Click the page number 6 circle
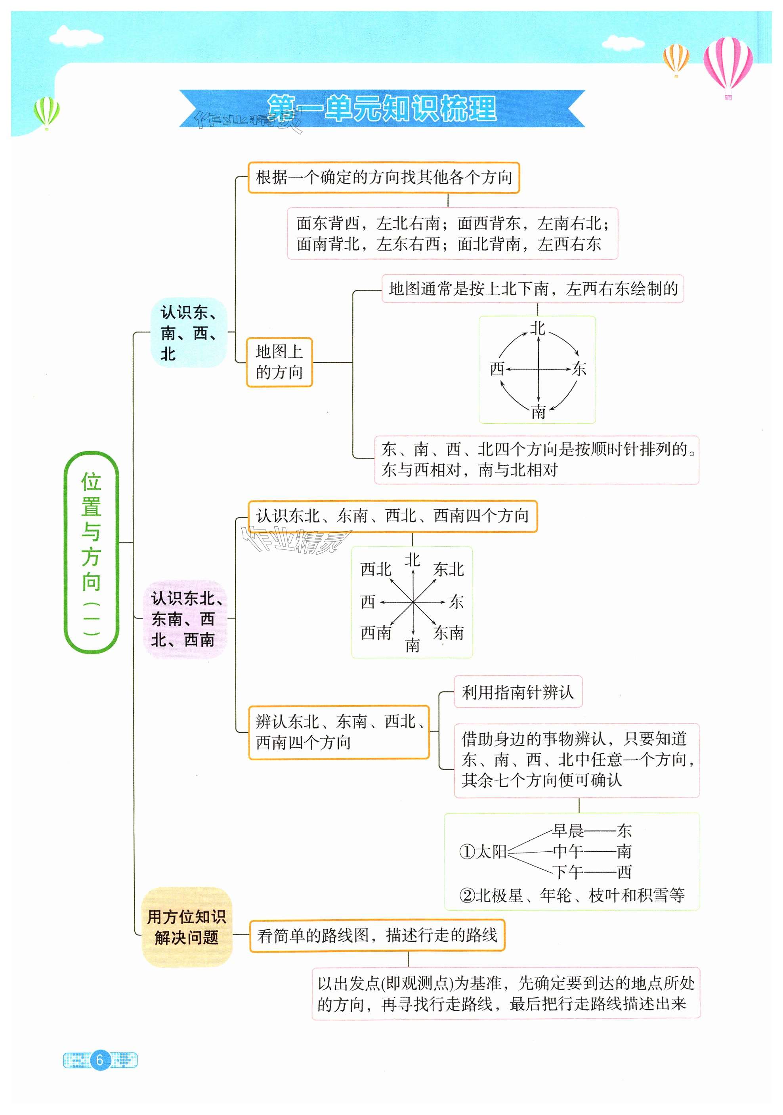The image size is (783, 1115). pyautogui.click(x=99, y=1059)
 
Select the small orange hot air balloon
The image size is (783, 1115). pyautogui.click(x=676, y=58)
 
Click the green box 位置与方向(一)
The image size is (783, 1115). pyautogui.click(x=91, y=552)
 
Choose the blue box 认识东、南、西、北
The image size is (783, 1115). pyautogui.click(x=188, y=332)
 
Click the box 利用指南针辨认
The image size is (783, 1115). pyautogui.click(x=518, y=692)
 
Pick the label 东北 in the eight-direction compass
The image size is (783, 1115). pyautogui.click(x=449, y=569)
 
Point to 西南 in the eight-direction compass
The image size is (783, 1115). pyautogui.click(x=376, y=633)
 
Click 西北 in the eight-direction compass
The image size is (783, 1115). pyautogui.click(x=376, y=569)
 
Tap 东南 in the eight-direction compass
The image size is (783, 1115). pyautogui.click(x=449, y=633)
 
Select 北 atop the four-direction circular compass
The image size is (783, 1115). pyautogui.click(x=537, y=329)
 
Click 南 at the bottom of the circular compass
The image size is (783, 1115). pyautogui.click(x=538, y=412)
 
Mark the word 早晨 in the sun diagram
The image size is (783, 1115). pyautogui.click(x=568, y=831)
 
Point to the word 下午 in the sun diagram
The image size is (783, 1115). pyautogui.click(x=568, y=872)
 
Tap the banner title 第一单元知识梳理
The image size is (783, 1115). pyautogui.click(x=382, y=108)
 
